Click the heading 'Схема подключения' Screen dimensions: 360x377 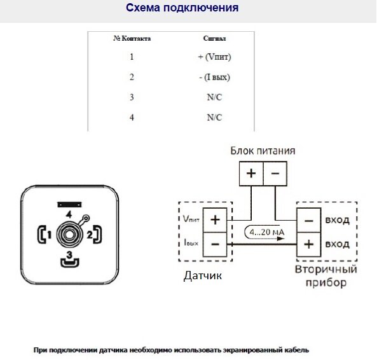tap(182, 8)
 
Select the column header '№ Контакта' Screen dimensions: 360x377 tap(132, 39)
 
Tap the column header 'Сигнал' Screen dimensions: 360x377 tap(214, 39)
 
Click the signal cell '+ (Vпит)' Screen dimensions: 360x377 tap(214, 57)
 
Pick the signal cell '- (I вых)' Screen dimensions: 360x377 tap(214, 78)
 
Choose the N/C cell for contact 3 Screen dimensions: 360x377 tap(214, 98)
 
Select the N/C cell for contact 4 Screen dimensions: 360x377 tap(214, 118)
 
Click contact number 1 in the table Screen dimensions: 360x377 tap(132, 57)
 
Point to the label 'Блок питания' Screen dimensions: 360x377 tap(262, 151)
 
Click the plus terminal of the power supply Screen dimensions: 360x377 tap(250, 172)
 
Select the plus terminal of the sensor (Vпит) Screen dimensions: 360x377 tap(215, 220)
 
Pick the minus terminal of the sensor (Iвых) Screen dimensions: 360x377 tap(215, 244)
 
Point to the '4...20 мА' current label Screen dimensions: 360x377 tap(267, 232)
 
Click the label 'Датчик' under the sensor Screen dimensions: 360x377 tap(203, 276)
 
